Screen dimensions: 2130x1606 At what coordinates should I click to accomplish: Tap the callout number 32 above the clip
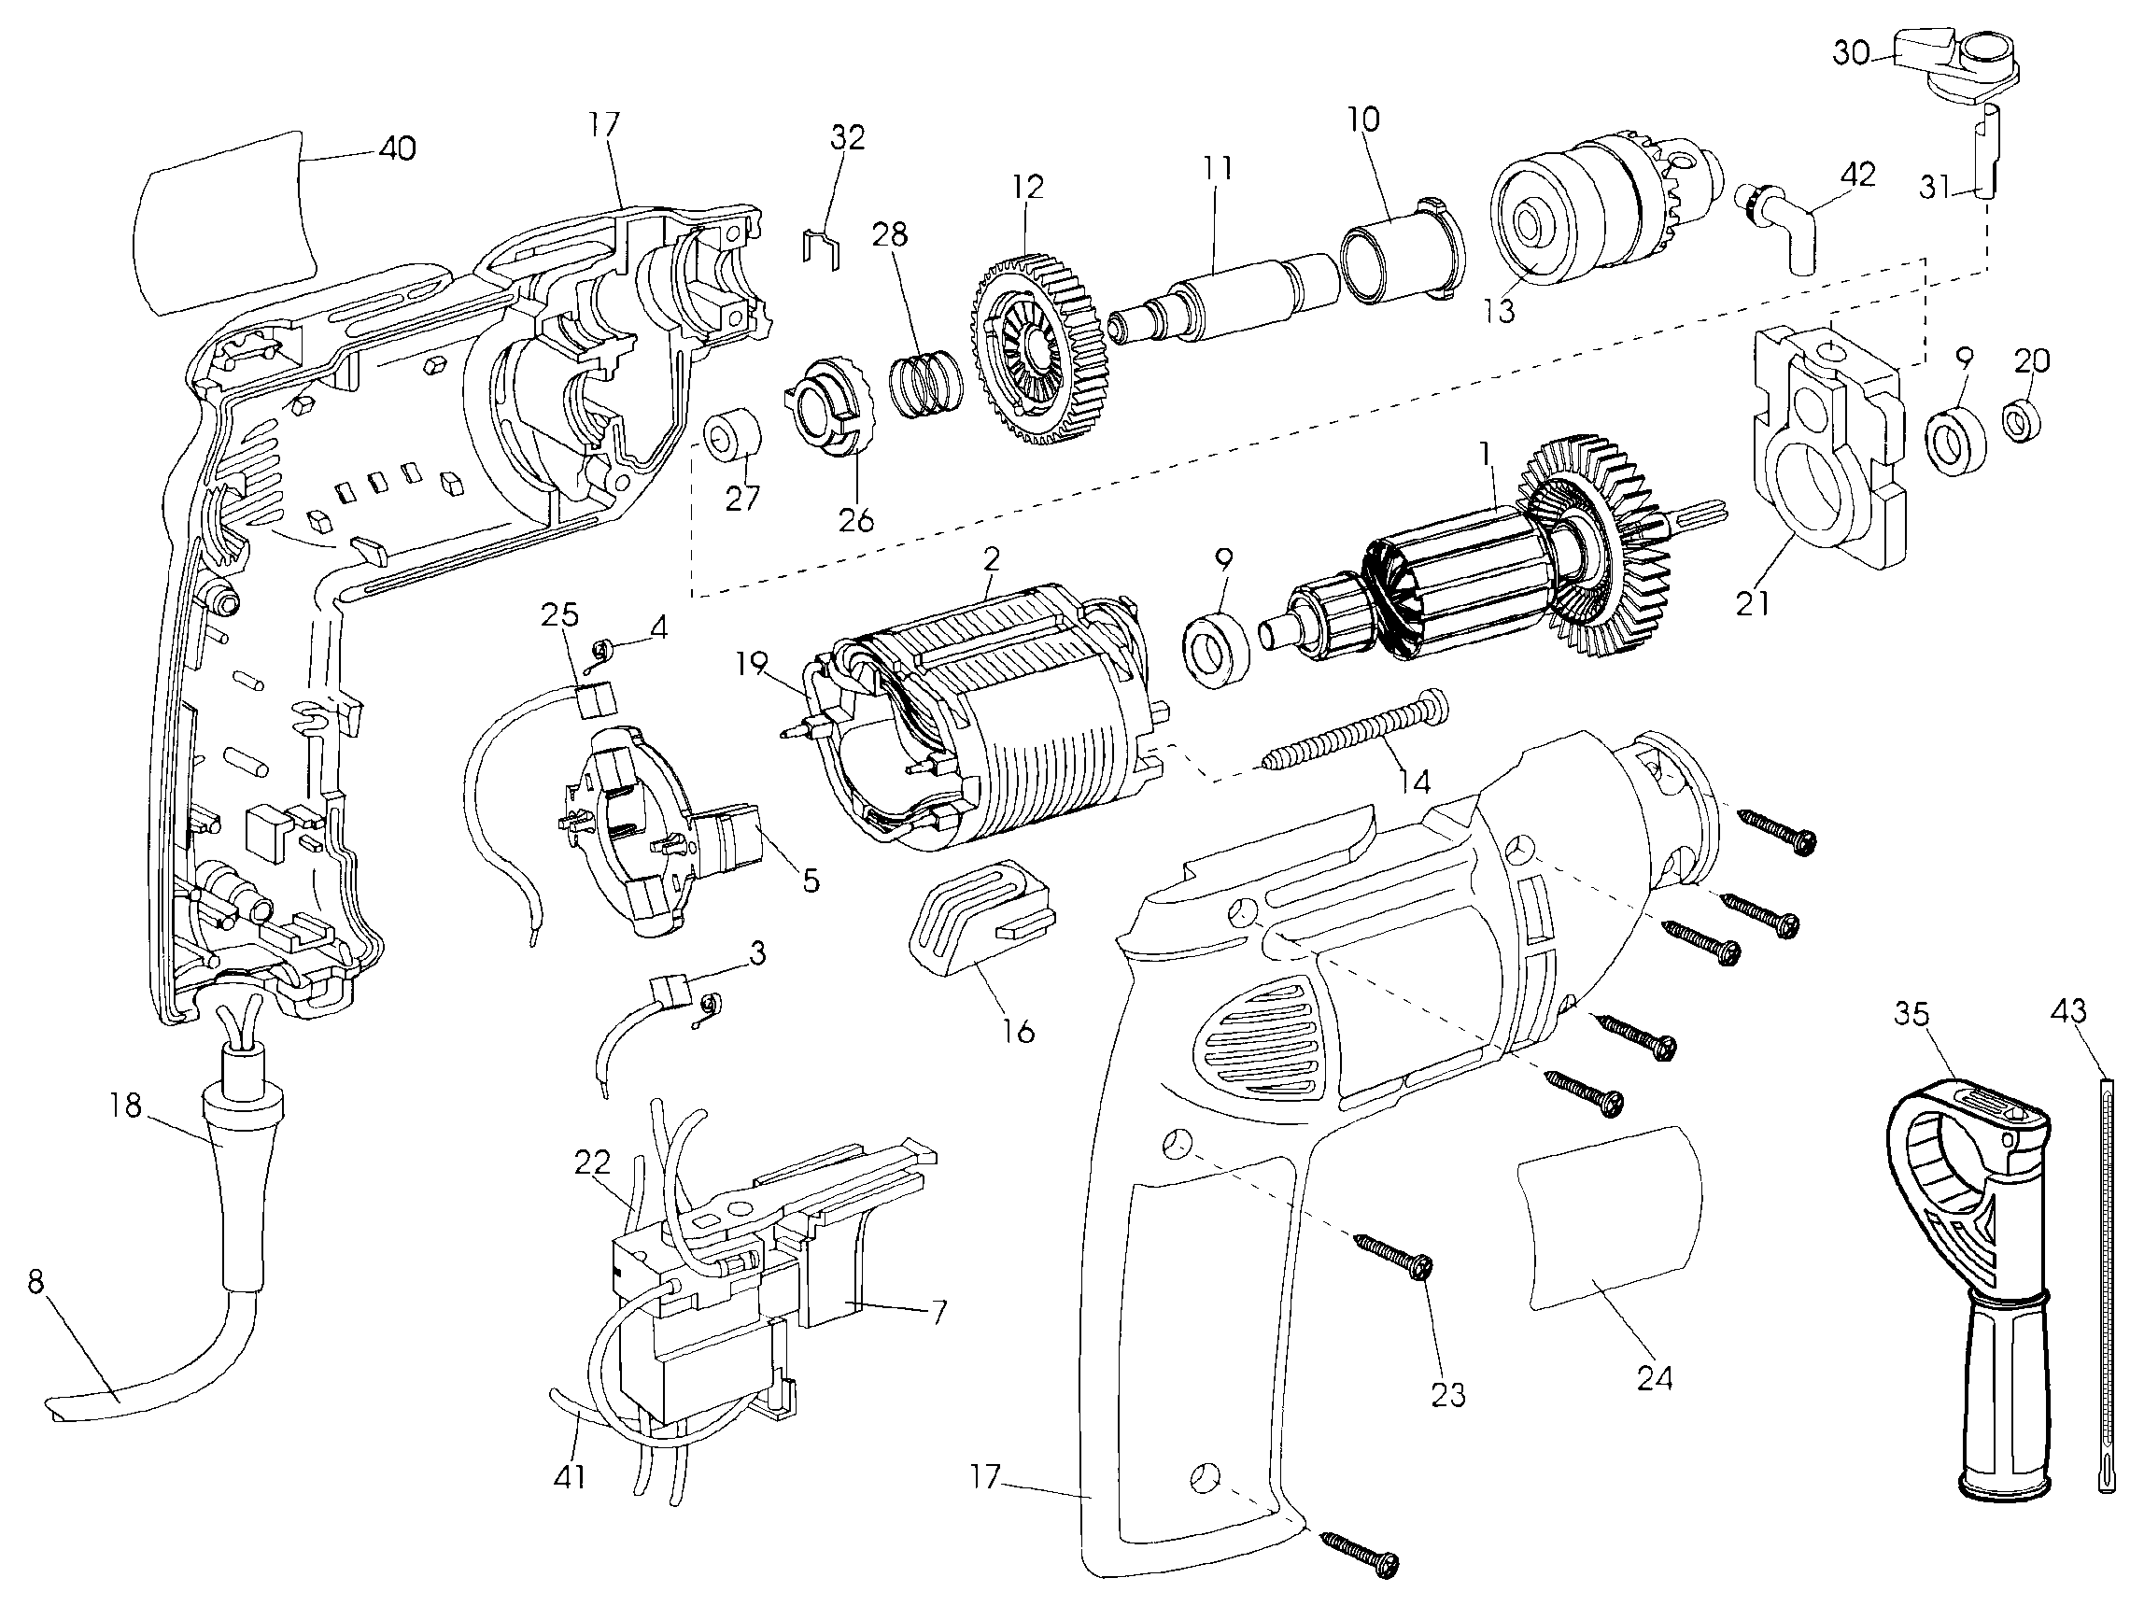click(847, 137)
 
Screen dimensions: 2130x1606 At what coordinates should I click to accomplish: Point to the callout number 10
click(1362, 120)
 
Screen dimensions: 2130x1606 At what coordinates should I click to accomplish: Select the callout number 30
click(1851, 53)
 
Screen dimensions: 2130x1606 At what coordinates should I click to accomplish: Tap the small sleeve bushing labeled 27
click(734, 437)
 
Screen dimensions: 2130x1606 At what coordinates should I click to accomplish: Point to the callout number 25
click(560, 614)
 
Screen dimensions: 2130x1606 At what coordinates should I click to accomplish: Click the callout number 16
click(1018, 1031)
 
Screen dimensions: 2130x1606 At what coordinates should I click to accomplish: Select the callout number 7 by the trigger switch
click(938, 1310)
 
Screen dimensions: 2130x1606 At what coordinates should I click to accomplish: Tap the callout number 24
click(1656, 1380)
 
